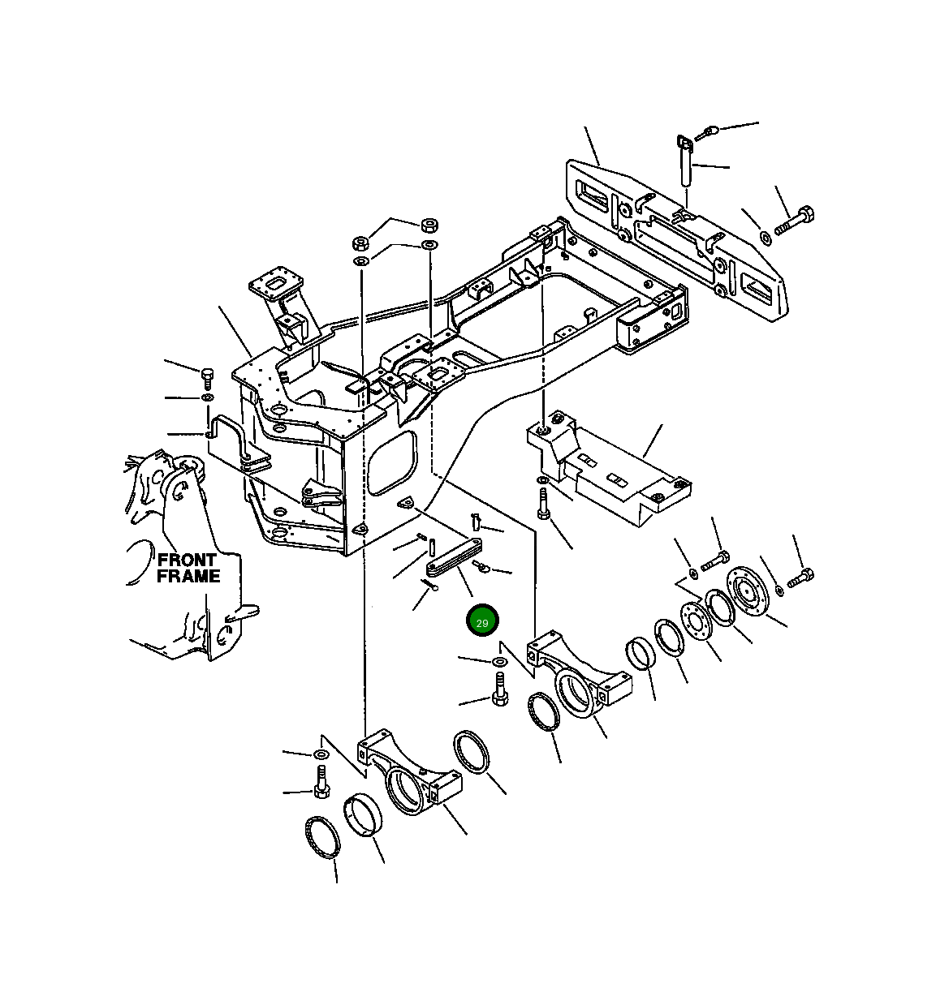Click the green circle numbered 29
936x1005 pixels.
(482, 621)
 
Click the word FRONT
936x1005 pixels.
(187, 560)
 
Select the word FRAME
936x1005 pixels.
(188, 576)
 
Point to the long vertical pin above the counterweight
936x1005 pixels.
(684, 168)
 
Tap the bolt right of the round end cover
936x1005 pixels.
(800, 578)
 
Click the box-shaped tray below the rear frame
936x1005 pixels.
(609, 470)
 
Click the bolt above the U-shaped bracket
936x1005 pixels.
(206, 377)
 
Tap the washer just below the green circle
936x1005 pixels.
(498, 664)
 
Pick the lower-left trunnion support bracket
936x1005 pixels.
(410, 775)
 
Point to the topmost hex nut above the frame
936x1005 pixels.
(429, 225)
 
